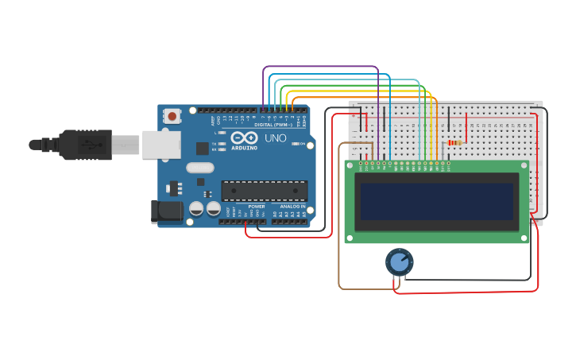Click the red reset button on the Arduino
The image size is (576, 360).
(172, 117)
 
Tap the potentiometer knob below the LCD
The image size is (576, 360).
(399, 261)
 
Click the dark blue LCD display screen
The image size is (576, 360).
(436, 201)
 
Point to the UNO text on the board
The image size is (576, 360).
(275, 138)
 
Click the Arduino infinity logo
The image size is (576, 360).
(245, 138)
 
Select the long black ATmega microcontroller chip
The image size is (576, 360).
(264, 191)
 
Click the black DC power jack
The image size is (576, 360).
(165, 211)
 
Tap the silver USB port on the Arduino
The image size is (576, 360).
(161, 145)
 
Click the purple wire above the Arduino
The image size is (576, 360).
(318, 67)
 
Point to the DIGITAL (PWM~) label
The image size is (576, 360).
(273, 125)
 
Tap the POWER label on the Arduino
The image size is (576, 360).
(257, 207)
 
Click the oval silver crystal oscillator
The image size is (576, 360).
(200, 168)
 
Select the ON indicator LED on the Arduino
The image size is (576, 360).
(295, 144)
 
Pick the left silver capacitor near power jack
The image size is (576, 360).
(196, 208)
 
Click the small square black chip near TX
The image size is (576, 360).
(203, 148)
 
